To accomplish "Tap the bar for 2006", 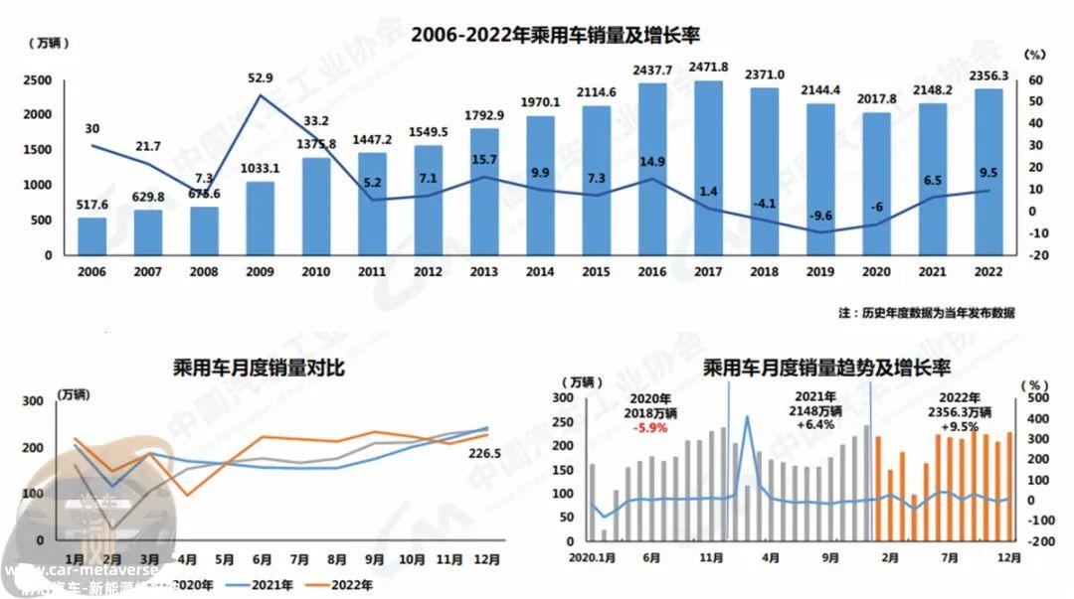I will pos(91,235).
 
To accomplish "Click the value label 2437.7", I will pos(652,71).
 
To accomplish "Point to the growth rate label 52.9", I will pos(262,77).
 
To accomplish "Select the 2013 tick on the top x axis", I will pos(484,269).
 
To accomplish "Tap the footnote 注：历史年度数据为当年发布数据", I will pos(926,313).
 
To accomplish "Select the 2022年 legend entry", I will pos(345,586).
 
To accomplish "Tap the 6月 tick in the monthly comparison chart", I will pos(263,559).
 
